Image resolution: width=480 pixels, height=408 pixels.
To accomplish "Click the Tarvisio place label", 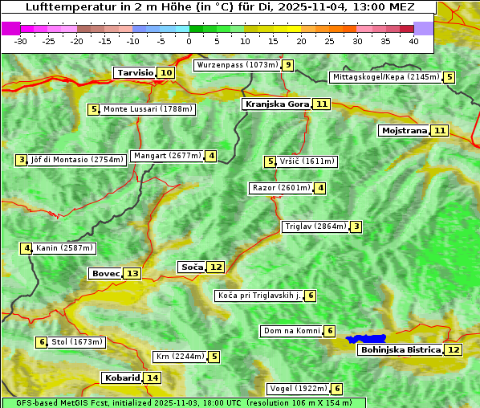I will point(135,72).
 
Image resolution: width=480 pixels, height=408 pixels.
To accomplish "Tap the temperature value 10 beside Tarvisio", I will point(166,73).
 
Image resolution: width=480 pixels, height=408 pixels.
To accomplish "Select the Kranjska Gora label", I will point(275,104).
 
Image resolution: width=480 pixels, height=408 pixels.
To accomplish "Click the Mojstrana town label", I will point(404,130).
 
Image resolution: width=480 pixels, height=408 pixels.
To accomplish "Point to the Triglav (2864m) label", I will point(315,226).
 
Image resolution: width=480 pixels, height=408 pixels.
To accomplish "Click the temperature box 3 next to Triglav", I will point(356,226).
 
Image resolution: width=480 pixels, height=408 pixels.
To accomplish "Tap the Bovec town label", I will point(105,273).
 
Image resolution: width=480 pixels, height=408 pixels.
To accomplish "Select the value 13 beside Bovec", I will point(132,273).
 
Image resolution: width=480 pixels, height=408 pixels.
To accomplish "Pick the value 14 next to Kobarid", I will point(153,377).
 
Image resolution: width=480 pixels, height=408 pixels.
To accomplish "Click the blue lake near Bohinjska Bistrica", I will point(366,339).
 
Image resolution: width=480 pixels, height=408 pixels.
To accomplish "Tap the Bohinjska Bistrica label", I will point(400,350).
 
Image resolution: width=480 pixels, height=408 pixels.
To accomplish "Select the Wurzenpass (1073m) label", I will point(237,65).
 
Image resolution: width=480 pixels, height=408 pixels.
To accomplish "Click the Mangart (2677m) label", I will point(168,156).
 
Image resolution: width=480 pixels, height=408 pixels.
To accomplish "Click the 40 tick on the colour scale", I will point(413,41).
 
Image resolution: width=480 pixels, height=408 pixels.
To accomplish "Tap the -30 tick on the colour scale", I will point(21,41).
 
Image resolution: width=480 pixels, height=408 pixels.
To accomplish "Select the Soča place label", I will point(192,267).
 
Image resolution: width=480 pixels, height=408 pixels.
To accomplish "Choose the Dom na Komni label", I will point(291,331).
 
